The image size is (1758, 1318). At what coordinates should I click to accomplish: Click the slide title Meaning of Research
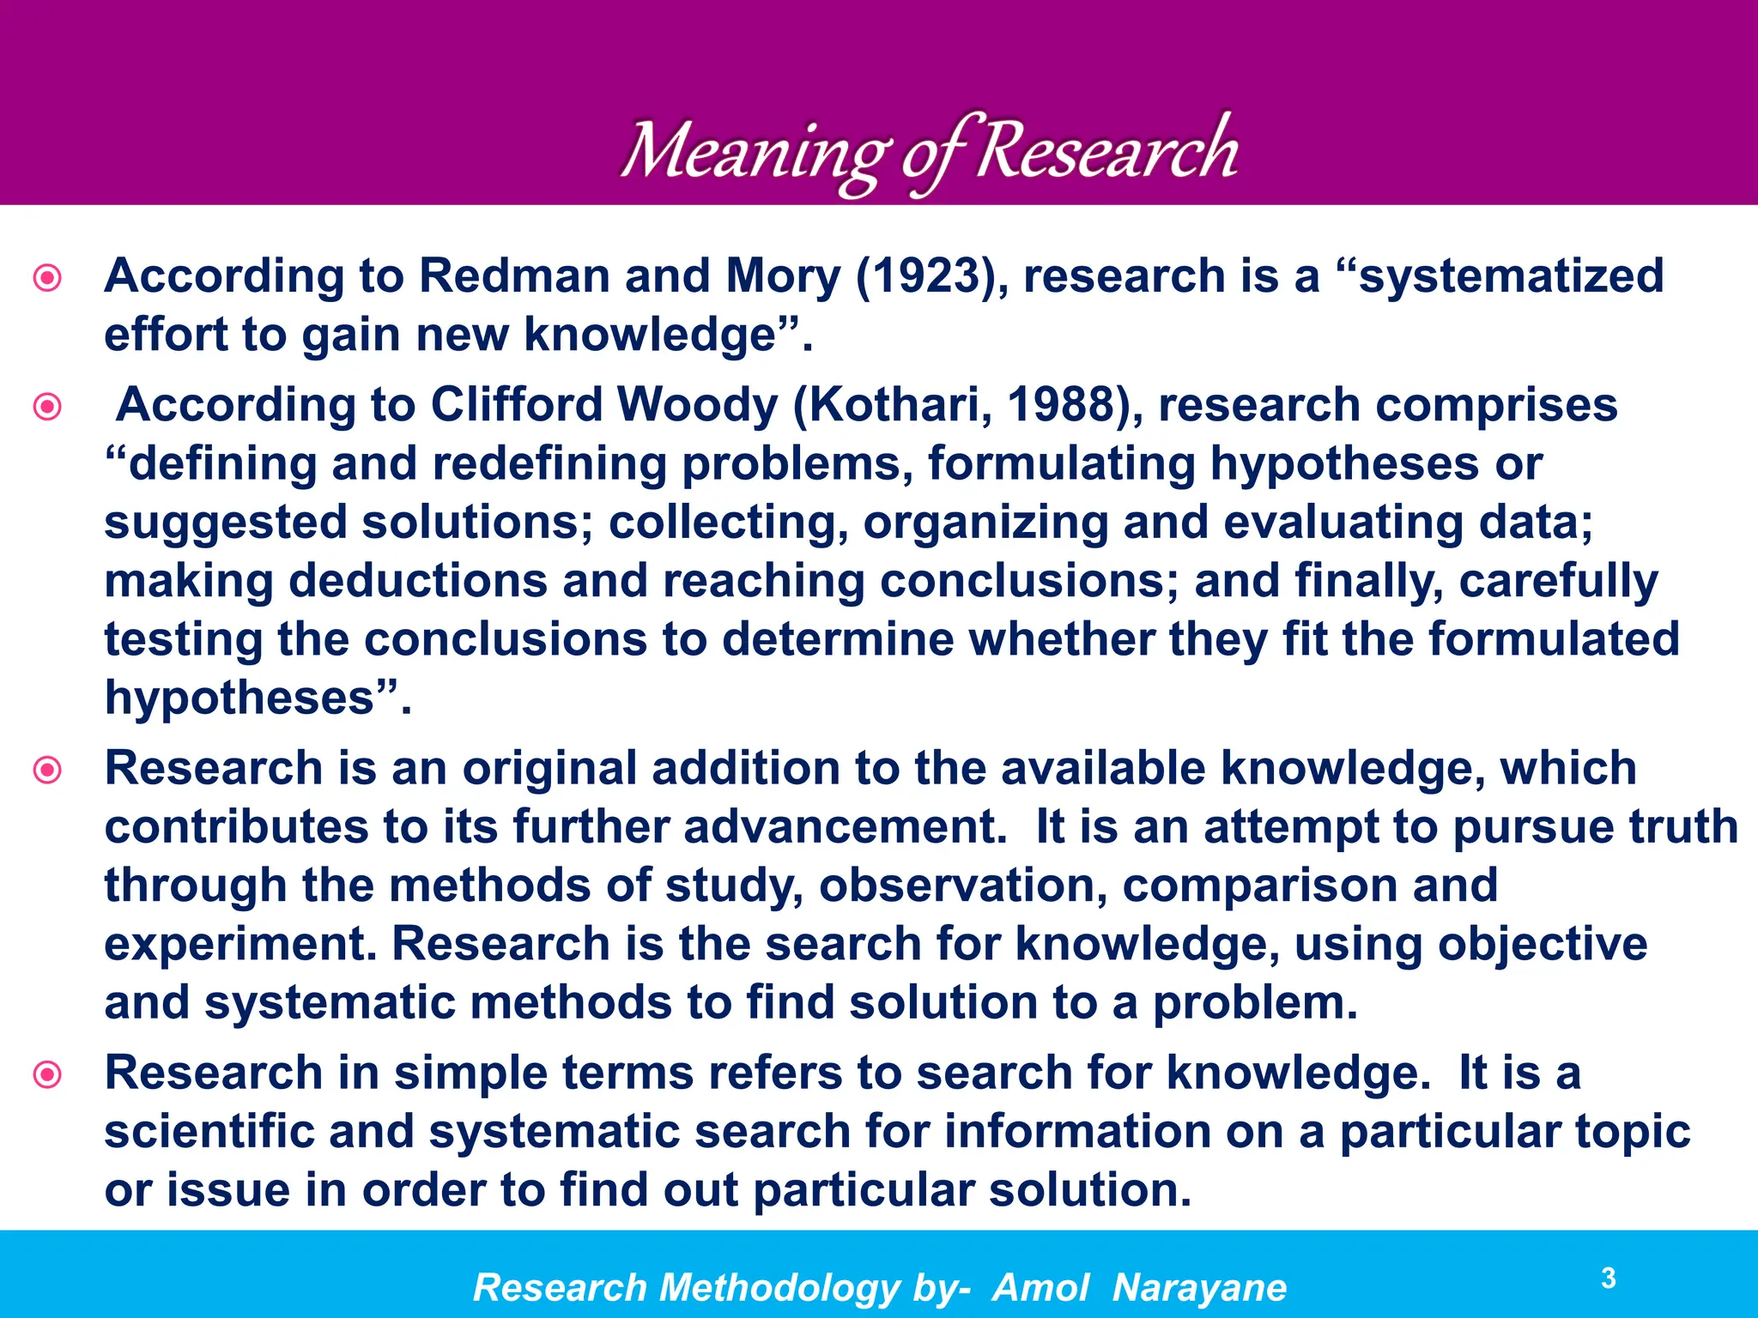click(x=929, y=151)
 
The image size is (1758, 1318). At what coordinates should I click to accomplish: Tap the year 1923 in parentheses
click(x=926, y=276)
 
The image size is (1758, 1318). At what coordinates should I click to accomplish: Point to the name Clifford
click(x=517, y=404)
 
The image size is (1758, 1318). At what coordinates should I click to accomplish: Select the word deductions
click(x=418, y=581)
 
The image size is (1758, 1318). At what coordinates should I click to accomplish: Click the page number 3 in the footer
click(x=1609, y=1279)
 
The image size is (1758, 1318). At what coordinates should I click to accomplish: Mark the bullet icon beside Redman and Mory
click(x=47, y=278)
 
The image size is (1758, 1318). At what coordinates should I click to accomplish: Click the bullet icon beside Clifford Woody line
click(x=47, y=406)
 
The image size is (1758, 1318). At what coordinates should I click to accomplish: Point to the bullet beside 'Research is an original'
click(x=47, y=769)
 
